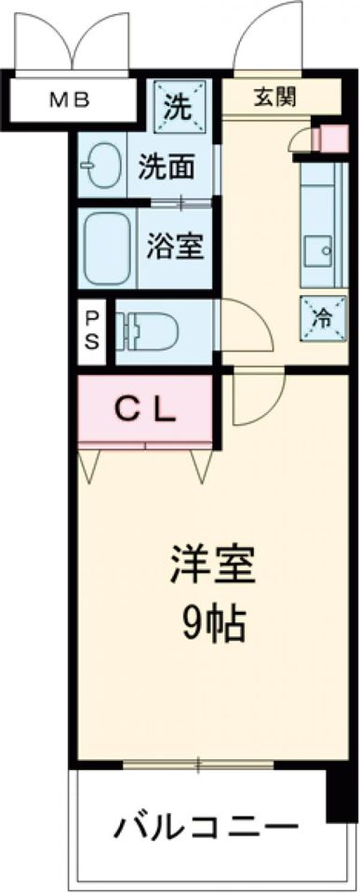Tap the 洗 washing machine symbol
tap(176, 103)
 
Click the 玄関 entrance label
tap(272, 96)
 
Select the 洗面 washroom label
tap(167, 167)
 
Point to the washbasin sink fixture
tap(99, 166)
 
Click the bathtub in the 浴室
tap(108, 249)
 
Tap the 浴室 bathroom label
tap(175, 249)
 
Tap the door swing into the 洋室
tap(256, 395)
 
